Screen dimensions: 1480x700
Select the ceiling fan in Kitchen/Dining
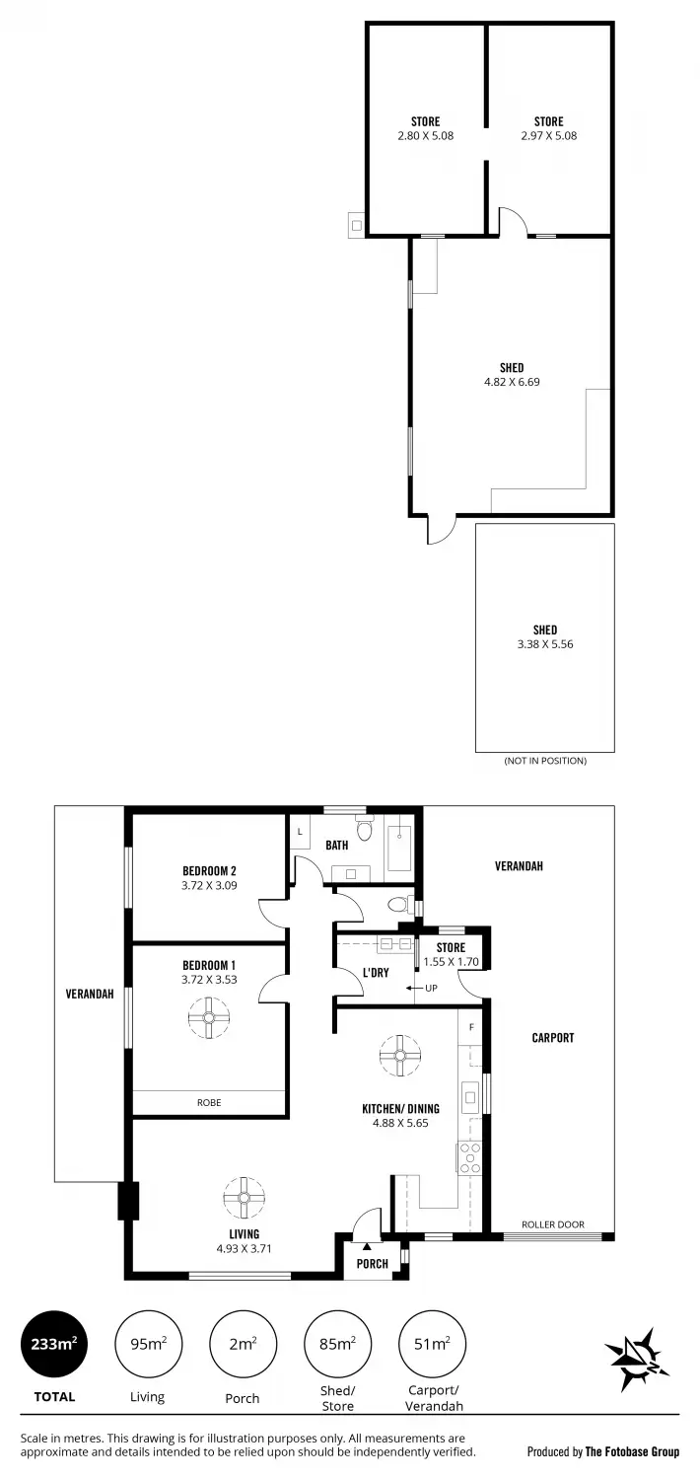point(400,1055)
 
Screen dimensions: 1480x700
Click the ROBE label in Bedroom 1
point(209,1103)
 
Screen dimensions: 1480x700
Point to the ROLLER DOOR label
point(552,1224)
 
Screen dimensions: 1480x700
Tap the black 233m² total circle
point(53,1343)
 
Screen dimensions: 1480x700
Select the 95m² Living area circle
point(148,1343)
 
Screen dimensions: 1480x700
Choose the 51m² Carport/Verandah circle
point(432,1343)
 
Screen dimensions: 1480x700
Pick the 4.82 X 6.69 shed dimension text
point(512,381)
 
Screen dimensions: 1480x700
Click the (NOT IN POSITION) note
point(545,761)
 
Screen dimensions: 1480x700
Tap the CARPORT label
point(552,1038)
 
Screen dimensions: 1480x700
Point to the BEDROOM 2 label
point(209,870)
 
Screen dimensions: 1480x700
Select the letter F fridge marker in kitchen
point(472,1027)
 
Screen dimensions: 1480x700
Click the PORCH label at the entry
point(373,1264)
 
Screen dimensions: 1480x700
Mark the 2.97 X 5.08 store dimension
point(549,136)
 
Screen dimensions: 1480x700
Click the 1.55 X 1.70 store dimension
point(451,961)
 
